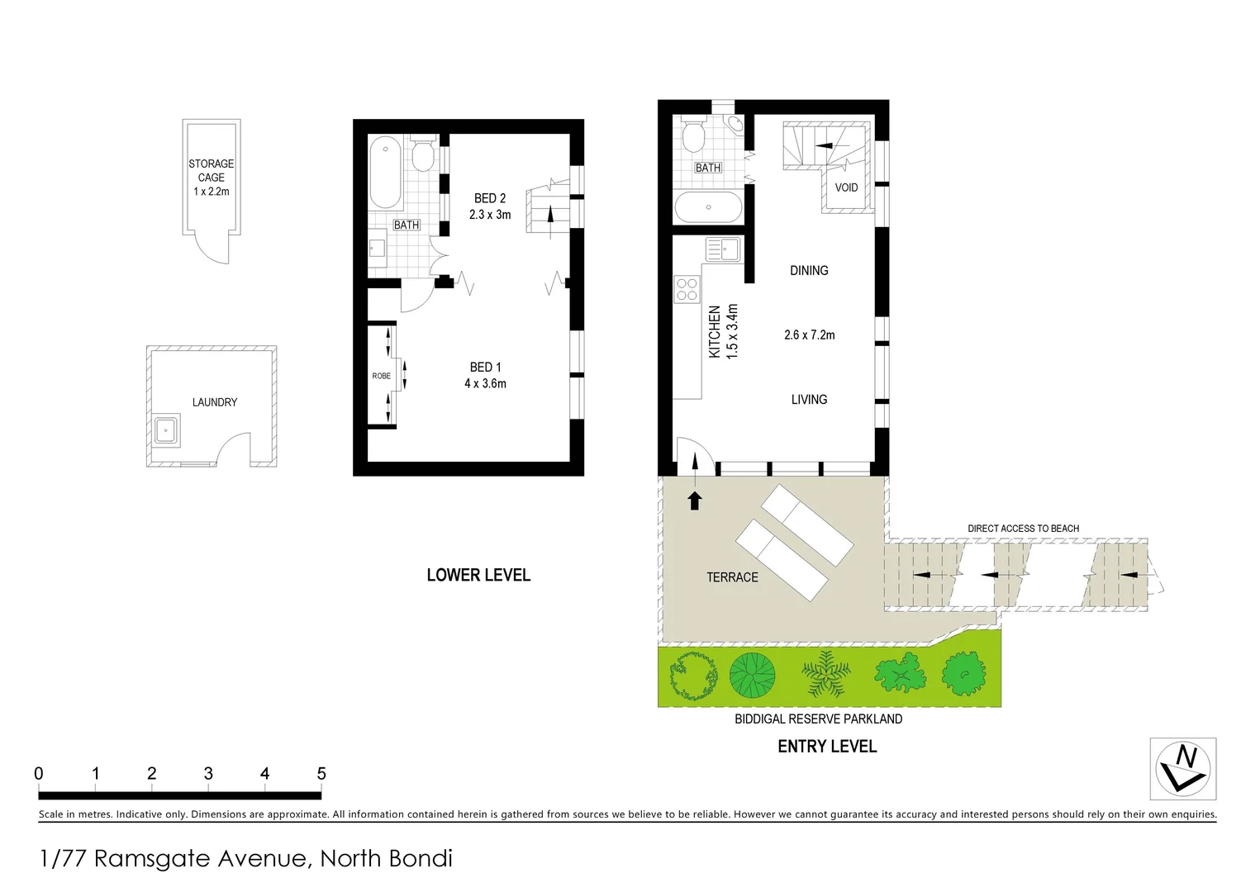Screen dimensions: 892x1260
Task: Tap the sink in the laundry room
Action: point(167,429)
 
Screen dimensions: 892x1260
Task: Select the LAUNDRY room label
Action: point(215,402)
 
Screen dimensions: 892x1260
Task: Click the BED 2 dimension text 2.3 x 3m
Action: point(490,215)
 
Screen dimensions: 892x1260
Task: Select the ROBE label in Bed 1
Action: point(381,376)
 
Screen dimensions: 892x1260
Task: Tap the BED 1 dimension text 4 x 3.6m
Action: point(485,383)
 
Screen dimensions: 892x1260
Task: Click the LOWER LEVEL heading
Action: point(478,575)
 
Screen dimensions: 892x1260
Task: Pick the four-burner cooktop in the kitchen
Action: point(687,289)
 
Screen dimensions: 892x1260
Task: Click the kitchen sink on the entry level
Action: point(722,249)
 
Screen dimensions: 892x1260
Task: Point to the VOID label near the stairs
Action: point(846,187)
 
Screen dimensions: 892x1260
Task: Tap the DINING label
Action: point(809,271)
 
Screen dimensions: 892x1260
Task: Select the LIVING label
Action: point(809,400)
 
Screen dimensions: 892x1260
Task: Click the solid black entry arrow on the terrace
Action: point(695,501)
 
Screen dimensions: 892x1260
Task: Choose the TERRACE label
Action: point(732,577)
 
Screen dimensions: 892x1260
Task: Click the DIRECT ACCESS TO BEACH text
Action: point(1023,529)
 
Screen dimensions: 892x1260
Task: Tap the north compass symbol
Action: point(1183,769)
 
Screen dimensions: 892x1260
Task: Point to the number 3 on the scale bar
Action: point(208,774)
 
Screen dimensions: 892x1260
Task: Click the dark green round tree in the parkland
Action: point(752,674)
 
